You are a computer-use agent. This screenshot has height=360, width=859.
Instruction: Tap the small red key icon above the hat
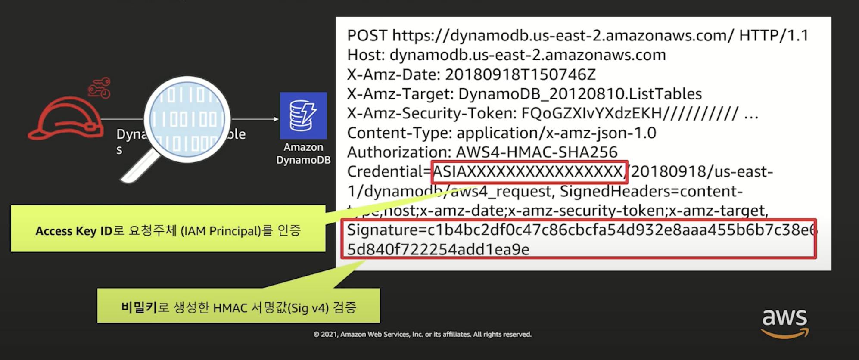coord(100,87)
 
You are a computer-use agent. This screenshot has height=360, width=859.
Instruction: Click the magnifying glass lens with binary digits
coord(187,119)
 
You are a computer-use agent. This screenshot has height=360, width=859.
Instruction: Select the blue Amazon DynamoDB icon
coord(303,115)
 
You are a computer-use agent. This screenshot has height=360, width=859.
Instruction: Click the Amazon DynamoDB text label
coord(303,153)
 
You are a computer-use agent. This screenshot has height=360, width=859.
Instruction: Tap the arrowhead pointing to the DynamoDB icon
coord(276,119)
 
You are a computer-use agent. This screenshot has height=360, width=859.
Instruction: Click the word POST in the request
coord(367,36)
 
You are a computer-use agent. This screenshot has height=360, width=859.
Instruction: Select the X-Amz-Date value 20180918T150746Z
coord(520,74)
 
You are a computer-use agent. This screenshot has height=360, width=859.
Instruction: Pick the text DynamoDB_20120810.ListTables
coord(580,94)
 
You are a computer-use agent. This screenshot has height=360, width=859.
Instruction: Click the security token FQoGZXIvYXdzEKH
coord(591,113)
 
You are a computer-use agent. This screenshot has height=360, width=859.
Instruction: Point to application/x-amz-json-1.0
coord(556,133)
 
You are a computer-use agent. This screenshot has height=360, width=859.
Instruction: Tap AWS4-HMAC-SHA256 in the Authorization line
coord(536,152)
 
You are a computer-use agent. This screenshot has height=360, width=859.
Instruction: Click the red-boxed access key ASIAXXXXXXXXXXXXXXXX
coord(528,172)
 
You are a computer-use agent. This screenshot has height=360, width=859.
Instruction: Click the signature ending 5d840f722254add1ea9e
coord(438,250)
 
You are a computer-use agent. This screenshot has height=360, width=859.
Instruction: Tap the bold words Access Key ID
coord(74,231)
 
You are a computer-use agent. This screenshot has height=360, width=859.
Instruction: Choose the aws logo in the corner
coord(784,323)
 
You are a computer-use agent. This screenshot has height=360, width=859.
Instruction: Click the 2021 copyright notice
coord(422,335)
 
